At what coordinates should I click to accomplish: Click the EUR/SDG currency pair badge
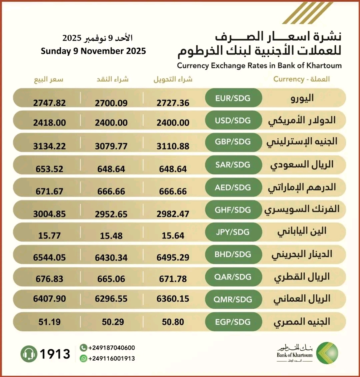(x=233, y=98)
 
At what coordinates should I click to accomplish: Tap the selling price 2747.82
(x=49, y=103)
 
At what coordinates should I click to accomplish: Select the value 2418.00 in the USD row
(x=49, y=123)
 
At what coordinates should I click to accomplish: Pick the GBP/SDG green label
(x=233, y=142)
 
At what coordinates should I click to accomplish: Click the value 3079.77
(x=111, y=146)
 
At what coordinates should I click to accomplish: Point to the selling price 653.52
(x=49, y=169)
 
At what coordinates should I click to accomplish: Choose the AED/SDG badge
(x=233, y=188)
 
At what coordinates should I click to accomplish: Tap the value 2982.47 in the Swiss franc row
(x=173, y=214)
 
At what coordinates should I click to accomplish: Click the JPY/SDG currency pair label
(x=233, y=232)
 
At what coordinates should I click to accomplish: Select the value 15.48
(x=111, y=236)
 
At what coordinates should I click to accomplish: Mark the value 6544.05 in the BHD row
(x=49, y=257)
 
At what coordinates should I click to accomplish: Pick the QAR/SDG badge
(x=233, y=277)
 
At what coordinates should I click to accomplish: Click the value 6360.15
(x=173, y=299)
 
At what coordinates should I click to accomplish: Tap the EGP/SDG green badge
(x=233, y=322)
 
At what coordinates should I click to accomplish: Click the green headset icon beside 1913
(x=29, y=354)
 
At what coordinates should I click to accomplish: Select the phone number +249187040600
(x=112, y=348)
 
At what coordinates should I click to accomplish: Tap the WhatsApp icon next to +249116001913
(x=83, y=359)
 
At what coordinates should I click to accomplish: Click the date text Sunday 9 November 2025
(x=93, y=51)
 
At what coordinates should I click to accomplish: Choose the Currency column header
(x=301, y=79)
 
